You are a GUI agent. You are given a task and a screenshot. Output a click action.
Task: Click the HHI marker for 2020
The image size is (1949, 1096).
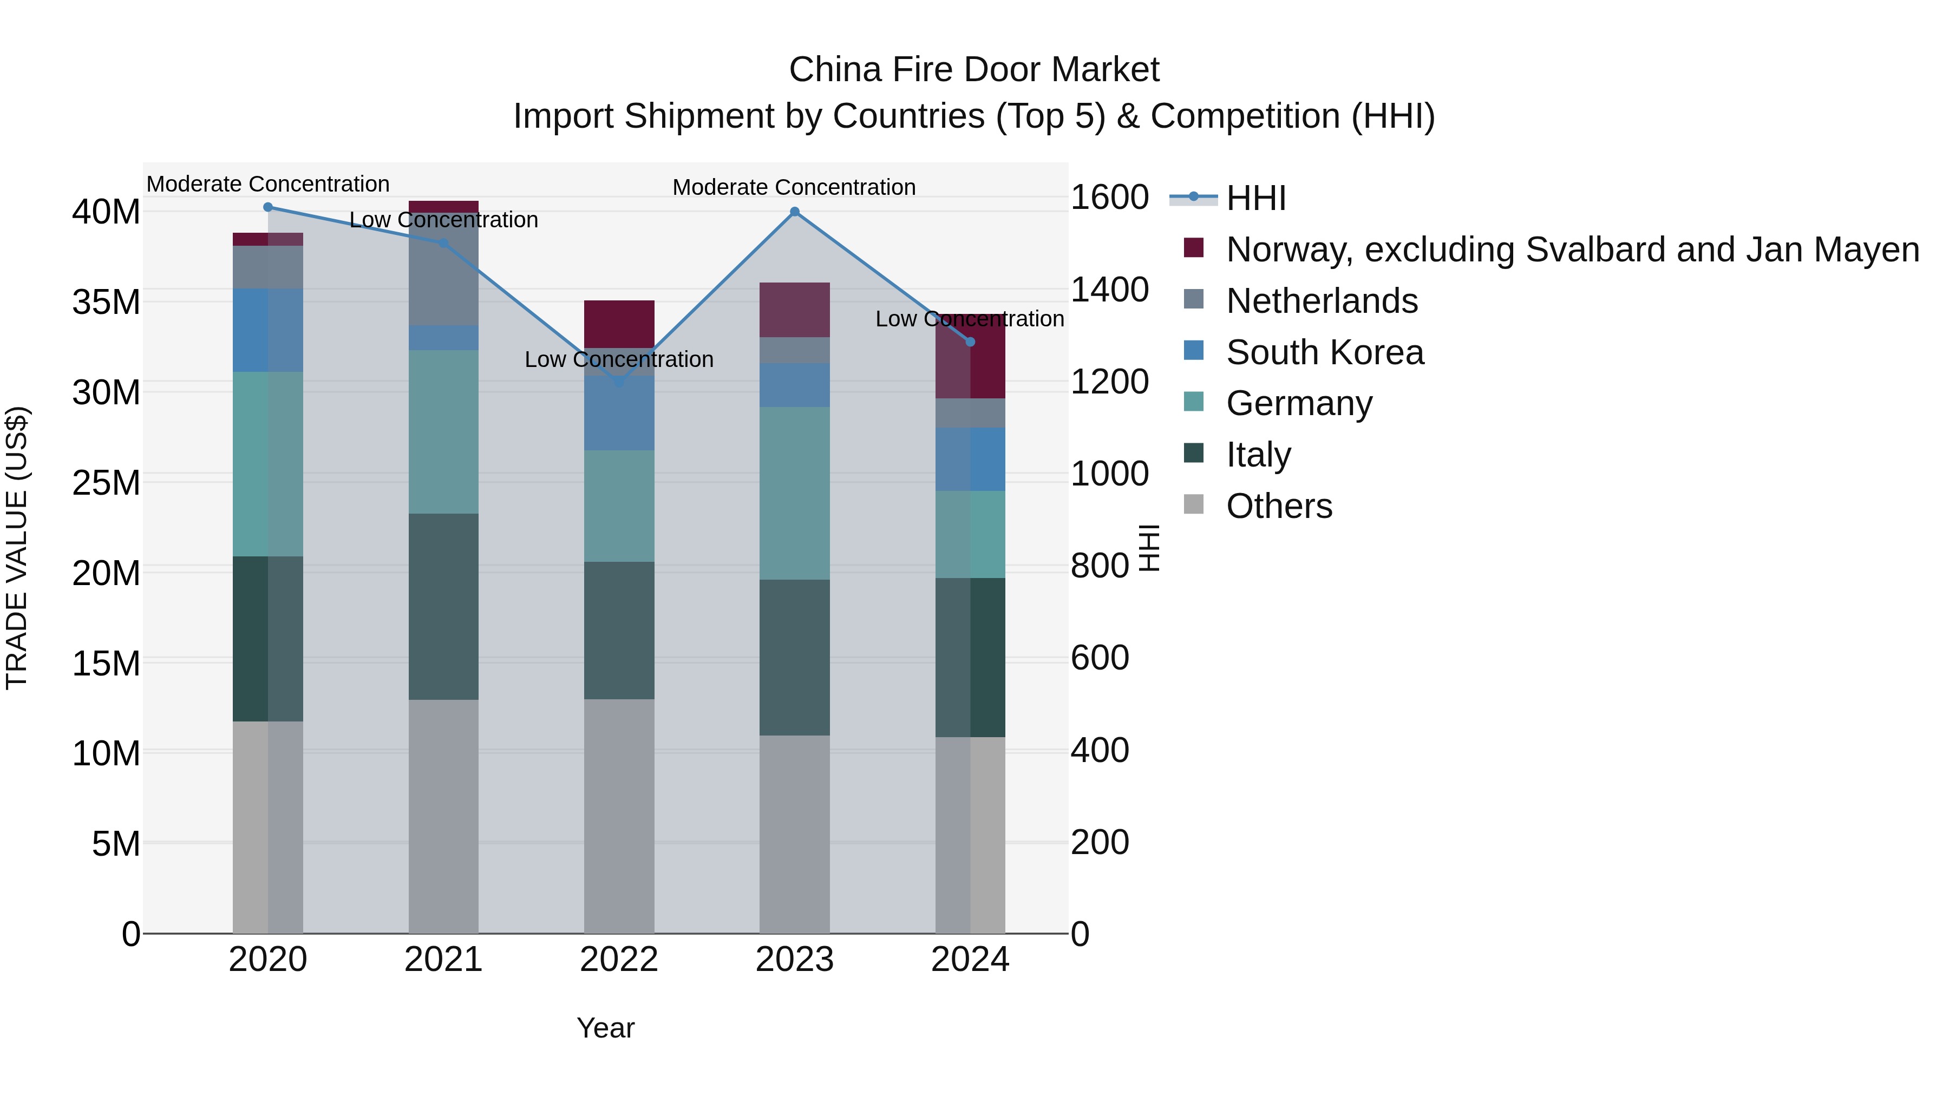coord(268,207)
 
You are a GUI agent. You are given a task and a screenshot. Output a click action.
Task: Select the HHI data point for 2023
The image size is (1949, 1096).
coord(794,212)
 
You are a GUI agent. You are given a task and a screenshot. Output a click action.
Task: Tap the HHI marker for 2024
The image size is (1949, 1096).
coord(971,342)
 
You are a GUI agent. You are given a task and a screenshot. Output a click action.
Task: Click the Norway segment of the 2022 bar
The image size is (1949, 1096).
coord(619,324)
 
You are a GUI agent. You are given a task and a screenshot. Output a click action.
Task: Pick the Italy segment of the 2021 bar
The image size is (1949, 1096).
coord(443,607)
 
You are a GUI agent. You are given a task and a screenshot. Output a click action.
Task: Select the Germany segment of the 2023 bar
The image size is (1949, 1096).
coord(794,493)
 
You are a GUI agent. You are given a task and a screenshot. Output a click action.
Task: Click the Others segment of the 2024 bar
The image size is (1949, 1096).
coord(971,835)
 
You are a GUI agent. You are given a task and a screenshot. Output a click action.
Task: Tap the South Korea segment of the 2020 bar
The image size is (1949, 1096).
coord(268,330)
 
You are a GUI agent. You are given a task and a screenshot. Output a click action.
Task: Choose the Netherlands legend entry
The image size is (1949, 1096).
coord(1321,301)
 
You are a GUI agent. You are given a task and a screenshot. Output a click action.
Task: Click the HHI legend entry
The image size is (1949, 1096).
coord(1256,198)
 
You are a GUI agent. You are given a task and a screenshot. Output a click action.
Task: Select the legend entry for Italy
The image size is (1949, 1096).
coord(1258,455)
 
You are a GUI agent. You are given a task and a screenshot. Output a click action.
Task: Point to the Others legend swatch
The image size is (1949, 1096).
coord(1193,504)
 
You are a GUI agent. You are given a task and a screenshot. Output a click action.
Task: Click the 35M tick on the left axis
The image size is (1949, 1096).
coord(106,302)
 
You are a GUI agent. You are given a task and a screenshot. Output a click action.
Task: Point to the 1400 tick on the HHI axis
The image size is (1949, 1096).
coord(1109,290)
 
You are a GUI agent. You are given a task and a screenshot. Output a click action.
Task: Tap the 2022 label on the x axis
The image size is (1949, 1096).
coord(619,960)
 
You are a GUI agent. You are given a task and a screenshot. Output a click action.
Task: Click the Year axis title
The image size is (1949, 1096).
coord(605,1028)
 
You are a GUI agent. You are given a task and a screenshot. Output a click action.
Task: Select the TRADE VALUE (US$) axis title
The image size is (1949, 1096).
coord(17,548)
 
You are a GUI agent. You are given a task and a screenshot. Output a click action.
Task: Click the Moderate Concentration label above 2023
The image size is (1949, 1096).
coord(794,187)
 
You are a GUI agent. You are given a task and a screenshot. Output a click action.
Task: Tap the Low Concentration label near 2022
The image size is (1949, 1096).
coord(618,359)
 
